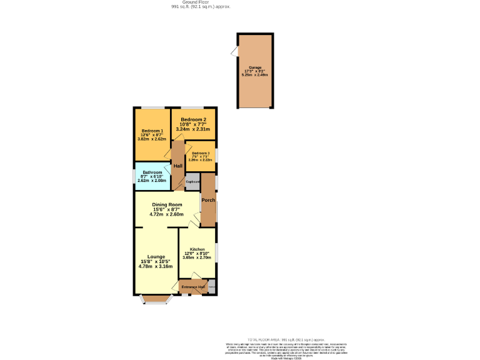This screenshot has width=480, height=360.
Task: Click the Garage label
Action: [x=254, y=67]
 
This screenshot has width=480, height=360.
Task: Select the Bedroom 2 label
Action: [x=193, y=119]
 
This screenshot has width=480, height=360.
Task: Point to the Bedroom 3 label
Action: [x=201, y=153]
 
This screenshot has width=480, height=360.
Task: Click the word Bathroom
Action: [x=152, y=172]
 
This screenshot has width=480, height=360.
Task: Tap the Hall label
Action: [x=178, y=166]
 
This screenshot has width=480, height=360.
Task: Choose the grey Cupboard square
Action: [x=192, y=182]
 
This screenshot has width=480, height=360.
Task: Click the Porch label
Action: [x=208, y=200]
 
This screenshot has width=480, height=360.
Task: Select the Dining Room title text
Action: [x=167, y=204]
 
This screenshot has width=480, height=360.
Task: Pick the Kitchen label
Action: [x=197, y=249]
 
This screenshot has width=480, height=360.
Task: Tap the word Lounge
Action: [x=156, y=257]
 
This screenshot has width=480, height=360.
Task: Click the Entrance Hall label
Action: [x=194, y=287]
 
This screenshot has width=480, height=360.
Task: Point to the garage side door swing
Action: [x=234, y=52]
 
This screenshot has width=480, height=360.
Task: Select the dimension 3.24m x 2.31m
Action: [x=193, y=129]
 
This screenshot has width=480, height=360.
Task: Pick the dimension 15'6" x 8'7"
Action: [x=167, y=209]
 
